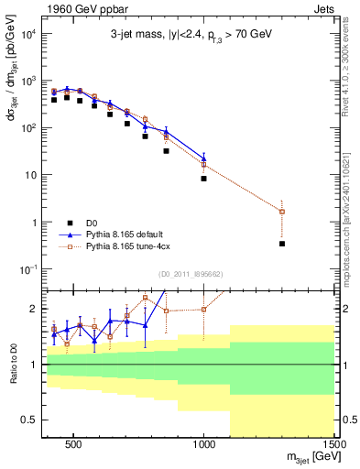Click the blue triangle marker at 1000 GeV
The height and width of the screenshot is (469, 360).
203,158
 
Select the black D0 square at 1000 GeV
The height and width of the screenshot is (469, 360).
203,179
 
